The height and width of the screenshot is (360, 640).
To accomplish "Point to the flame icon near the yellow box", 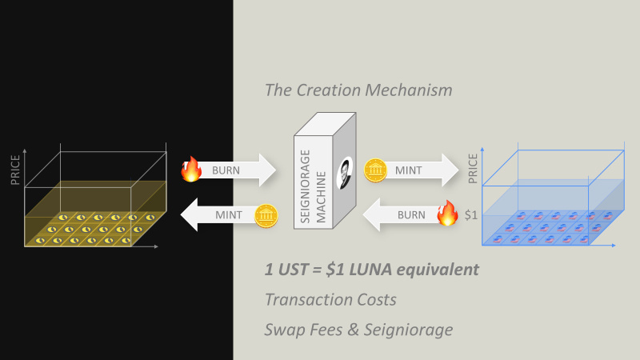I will click(x=190, y=169).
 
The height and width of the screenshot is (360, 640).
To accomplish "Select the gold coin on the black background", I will click(x=266, y=215).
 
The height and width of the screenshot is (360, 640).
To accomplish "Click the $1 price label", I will click(x=472, y=214).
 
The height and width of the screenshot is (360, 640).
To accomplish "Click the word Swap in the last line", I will click(x=283, y=329).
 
